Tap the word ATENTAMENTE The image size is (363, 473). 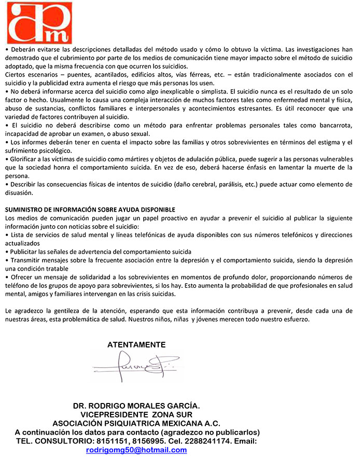[136, 345]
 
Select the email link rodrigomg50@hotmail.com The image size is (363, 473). [136, 450]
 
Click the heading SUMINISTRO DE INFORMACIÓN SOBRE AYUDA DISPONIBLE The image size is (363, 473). [90, 210]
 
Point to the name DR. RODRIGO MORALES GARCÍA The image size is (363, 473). [136, 406]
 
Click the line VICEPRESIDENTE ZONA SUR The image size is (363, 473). [136, 414]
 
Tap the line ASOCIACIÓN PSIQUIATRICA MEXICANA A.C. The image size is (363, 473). [136, 423]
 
